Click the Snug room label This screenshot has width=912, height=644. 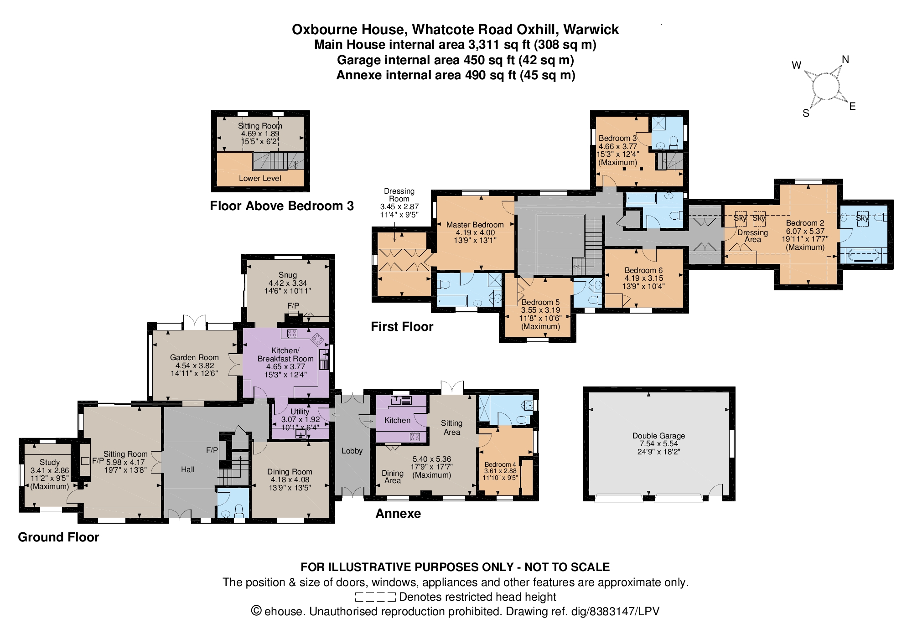click(x=288, y=275)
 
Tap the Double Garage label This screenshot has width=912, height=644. click(x=658, y=436)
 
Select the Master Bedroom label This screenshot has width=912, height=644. click(x=475, y=225)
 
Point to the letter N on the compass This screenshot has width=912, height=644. click(x=845, y=59)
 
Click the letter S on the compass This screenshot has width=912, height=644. click(x=806, y=113)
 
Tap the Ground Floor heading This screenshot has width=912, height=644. click(x=58, y=537)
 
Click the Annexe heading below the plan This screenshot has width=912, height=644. click(x=398, y=514)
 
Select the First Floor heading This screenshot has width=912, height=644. click(x=402, y=327)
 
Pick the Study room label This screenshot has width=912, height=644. click(x=50, y=462)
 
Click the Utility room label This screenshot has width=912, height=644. click(x=300, y=412)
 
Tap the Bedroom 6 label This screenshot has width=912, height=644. click(x=643, y=270)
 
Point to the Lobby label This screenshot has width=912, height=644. click(x=352, y=451)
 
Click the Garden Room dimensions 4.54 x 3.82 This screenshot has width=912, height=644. click(x=195, y=366)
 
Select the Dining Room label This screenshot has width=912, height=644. click(x=290, y=472)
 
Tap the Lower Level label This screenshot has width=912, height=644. click(x=260, y=178)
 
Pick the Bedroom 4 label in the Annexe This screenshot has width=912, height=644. click(x=500, y=464)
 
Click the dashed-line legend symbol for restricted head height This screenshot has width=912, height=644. click(x=375, y=597)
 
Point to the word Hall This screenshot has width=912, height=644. click(x=187, y=469)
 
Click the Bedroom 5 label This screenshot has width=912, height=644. click(x=540, y=302)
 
